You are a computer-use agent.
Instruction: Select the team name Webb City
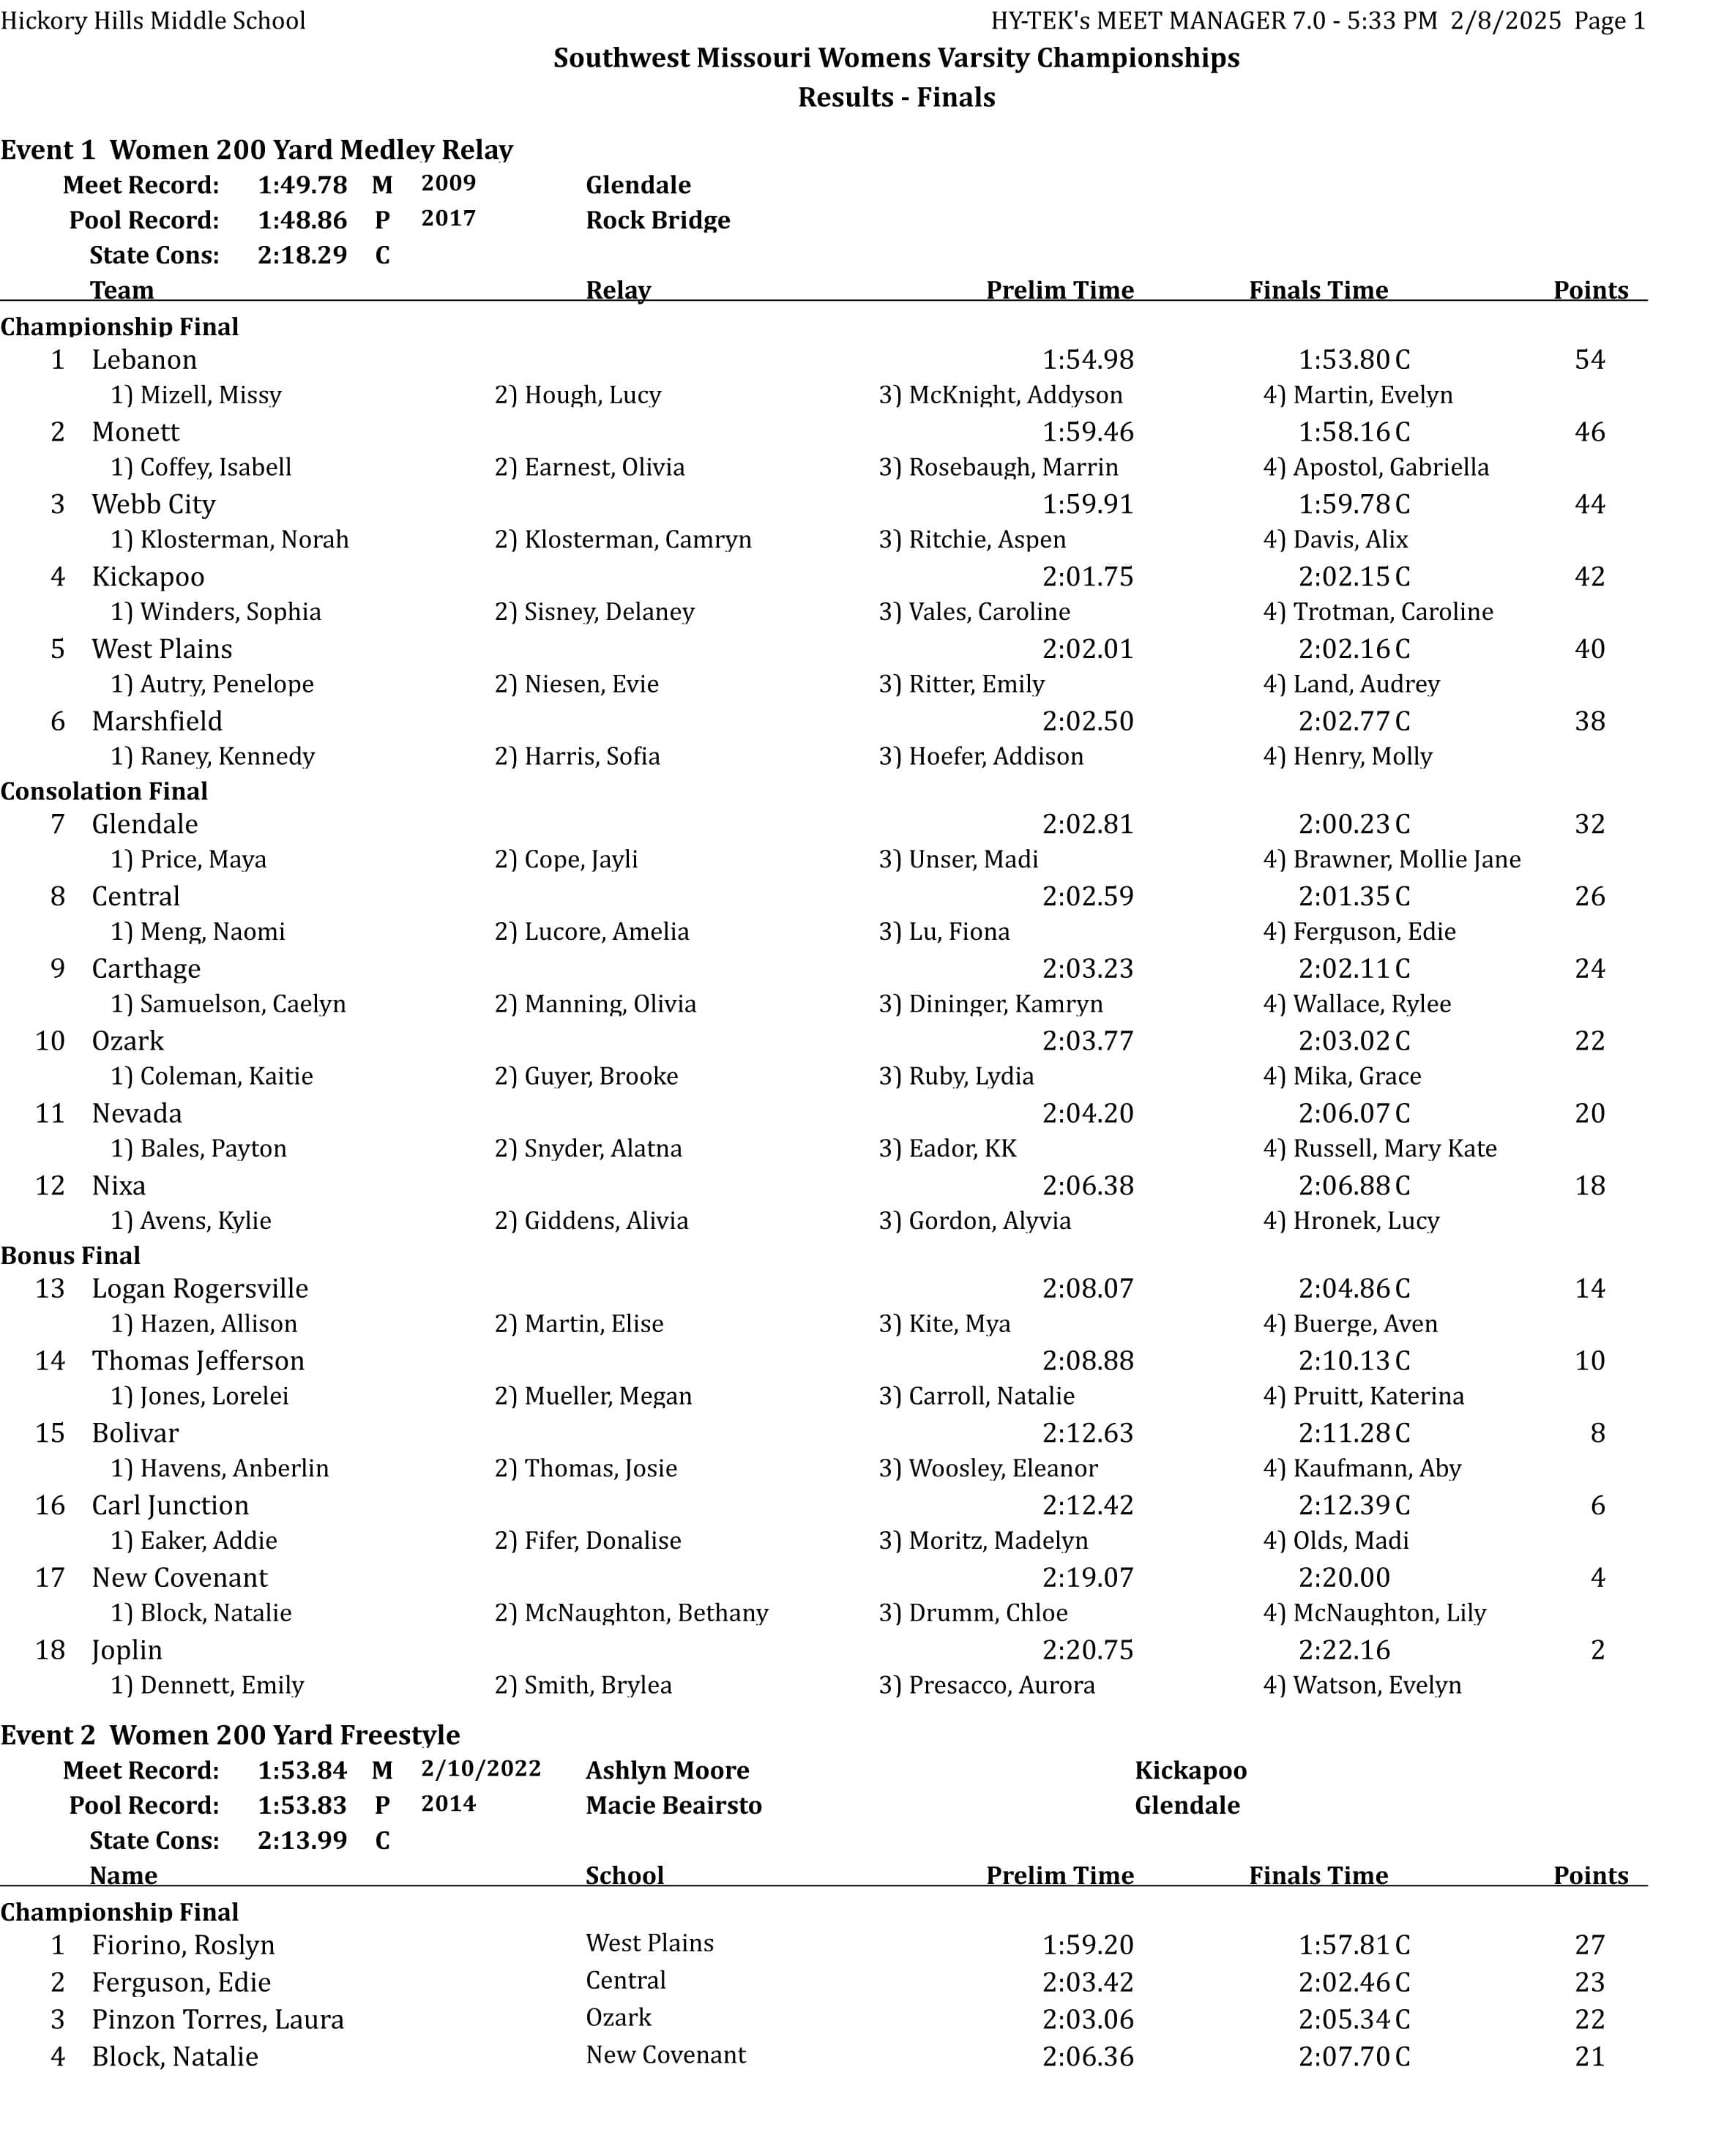click(x=154, y=504)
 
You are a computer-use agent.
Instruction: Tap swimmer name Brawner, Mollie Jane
click(x=1406, y=859)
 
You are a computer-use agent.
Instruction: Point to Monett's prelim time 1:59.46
click(x=1087, y=433)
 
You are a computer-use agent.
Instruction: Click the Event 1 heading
click(x=256, y=149)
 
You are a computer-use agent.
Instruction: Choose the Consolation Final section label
click(x=104, y=791)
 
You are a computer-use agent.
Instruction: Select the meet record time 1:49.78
click(x=302, y=185)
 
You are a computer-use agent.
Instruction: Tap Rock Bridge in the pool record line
click(x=657, y=220)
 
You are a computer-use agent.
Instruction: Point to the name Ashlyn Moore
click(x=667, y=1771)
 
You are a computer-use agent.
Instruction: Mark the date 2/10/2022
click(x=481, y=1768)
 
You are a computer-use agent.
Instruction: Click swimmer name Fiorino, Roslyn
click(x=184, y=1945)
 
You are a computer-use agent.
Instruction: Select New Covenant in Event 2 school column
click(x=665, y=2055)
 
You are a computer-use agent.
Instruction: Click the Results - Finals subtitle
click(x=895, y=97)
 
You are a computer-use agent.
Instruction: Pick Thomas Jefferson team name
click(x=198, y=1361)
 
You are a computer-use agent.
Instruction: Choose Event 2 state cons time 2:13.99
click(x=302, y=1840)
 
